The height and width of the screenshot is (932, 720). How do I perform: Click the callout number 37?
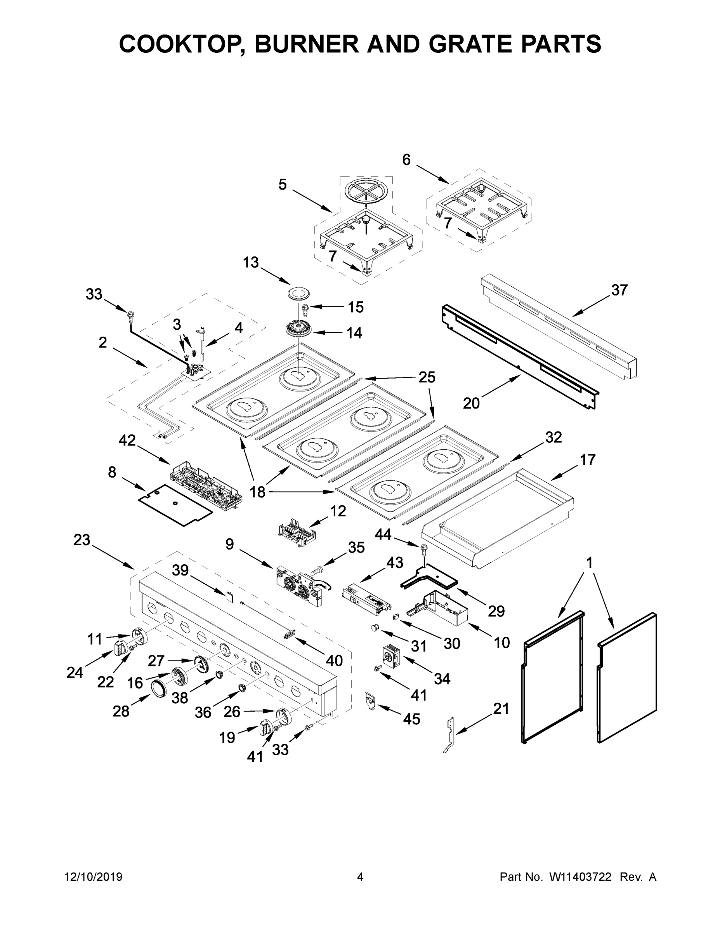(x=619, y=290)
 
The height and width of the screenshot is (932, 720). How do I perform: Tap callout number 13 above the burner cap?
(x=251, y=263)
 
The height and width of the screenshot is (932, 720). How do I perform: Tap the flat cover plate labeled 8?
(x=175, y=505)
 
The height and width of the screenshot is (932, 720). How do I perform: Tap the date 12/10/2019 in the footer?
(x=94, y=877)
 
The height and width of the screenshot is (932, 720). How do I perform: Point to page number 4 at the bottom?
(x=360, y=877)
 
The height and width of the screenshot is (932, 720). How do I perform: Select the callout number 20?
(x=471, y=403)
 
